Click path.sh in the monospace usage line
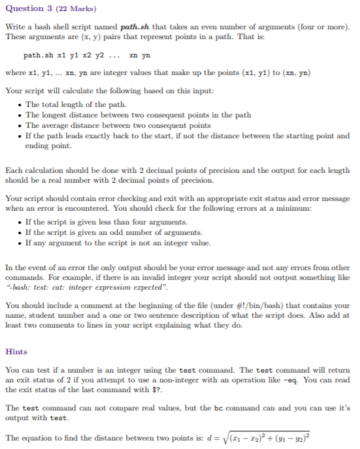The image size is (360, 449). pos(38,55)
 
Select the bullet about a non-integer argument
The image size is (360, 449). pos(118,243)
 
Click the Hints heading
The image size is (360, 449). pos(16,352)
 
